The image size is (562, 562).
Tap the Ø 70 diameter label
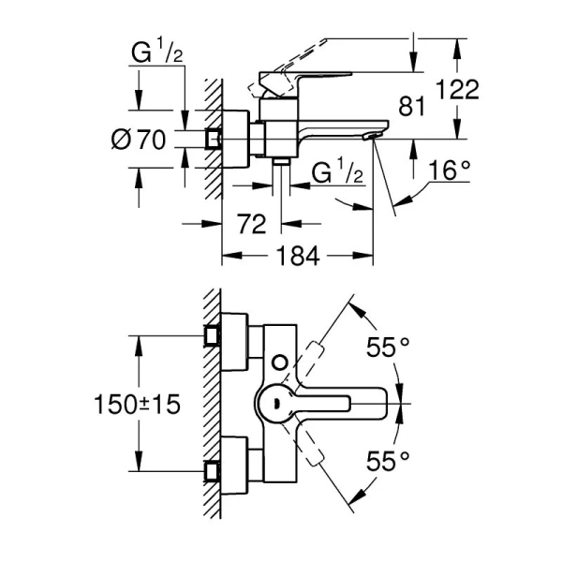(138, 140)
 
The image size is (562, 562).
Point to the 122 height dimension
(458, 90)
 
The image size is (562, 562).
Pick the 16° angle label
(450, 170)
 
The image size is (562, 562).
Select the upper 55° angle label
(388, 349)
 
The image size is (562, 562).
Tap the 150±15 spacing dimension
(136, 405)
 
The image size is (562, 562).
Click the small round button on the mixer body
(277, 361)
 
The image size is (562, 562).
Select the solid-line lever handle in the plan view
(328, 404)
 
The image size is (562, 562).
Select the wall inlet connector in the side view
(214, 140)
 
